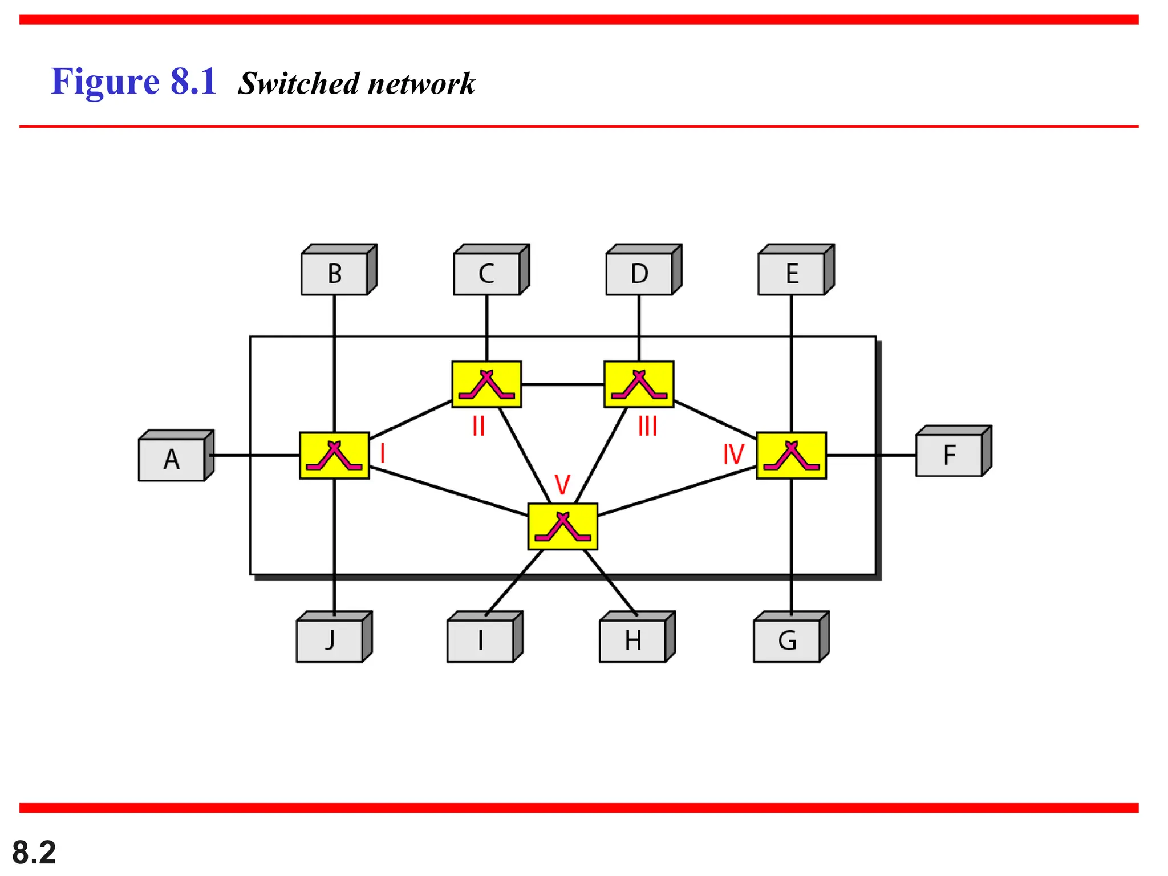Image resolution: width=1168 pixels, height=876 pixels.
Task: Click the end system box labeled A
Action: point(172,459)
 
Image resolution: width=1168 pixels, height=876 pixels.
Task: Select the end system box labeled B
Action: point(335,274)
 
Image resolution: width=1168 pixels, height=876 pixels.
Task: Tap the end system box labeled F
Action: point(949,455)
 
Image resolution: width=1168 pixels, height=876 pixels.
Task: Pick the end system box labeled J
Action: point(330,640)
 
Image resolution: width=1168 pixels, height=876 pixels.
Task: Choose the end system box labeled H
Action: point(633,640)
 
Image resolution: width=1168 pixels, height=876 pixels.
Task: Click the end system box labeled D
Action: point(639,274)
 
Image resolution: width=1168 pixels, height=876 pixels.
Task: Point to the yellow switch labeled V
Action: point(563,526)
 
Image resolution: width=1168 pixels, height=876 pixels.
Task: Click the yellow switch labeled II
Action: point(486,384)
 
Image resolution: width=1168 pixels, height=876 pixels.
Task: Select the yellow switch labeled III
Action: point(639,384)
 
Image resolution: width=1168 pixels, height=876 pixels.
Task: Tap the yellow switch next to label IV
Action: point(792,455)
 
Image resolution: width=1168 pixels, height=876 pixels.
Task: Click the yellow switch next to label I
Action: point(334,455)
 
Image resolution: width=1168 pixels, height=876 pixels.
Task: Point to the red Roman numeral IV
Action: point(733,455)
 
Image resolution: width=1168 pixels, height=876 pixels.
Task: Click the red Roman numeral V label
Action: point(562,485)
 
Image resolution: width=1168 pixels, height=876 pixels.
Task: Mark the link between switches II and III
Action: point(563,385)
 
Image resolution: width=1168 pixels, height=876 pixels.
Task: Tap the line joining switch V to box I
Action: point(514,583)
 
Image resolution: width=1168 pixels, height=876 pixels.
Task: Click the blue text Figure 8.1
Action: point(133,82)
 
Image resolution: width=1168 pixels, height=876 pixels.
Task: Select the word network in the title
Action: point(421,84)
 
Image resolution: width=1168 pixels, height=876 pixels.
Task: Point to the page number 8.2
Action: point(34,852)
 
